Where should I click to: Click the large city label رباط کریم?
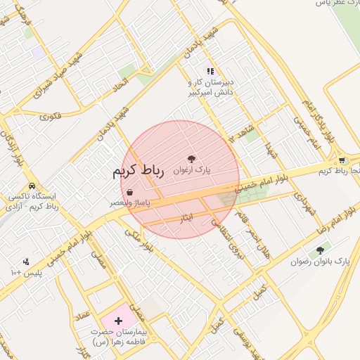(139, 172)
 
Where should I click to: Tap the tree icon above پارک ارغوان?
(191, 159)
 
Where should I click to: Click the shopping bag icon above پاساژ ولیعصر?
(130, 192)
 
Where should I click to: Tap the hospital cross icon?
(117, 321)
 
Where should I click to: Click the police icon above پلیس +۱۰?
(26, 261)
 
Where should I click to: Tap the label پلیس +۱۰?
(26, 271)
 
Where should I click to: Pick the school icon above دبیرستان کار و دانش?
(210, 71)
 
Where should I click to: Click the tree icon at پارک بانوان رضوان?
(321, 250)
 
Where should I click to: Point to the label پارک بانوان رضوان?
(320, 262)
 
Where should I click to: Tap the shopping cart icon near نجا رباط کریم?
(342, 160)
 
